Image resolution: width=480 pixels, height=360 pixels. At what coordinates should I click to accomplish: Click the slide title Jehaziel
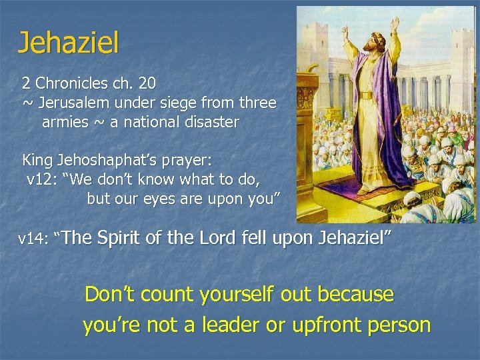click(x=68, y=43)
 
